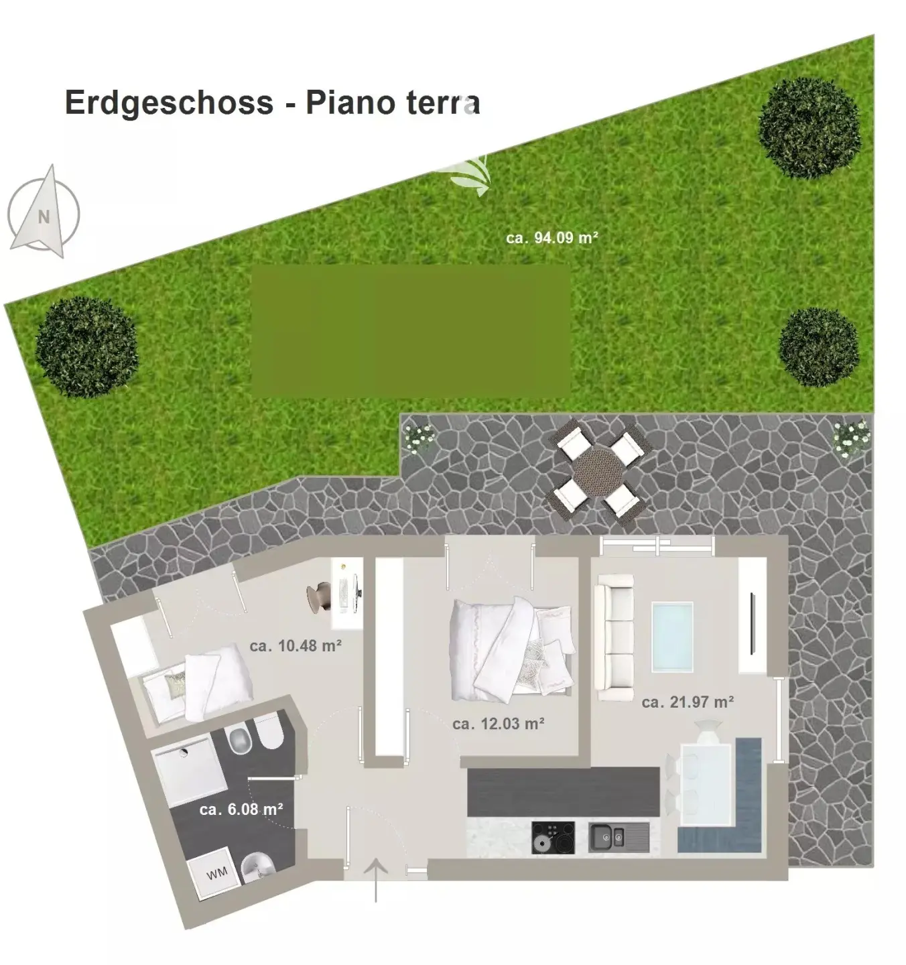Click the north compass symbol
(x=43, y=212)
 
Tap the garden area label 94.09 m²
(x=552, y=238)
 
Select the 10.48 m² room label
(x=296, y=646)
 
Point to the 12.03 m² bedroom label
(x=498, y=724)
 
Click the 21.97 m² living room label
(x=688, y=702)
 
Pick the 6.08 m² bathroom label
(x=241, y=810)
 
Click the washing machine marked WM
(x=214, y=873)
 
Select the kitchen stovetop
(x=553, y=838)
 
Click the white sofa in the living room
(x=614, y=637)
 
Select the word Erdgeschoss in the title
(x=169, y=103)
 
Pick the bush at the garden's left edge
(x=86, y=347)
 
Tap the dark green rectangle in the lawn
(x=411, y=331)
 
